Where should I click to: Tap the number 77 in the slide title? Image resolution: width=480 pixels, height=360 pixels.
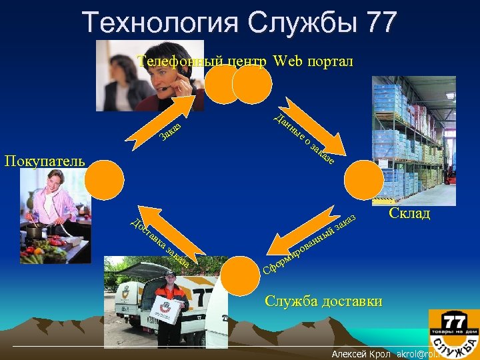point(381,22)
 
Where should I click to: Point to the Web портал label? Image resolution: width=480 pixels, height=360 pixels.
point(313,61)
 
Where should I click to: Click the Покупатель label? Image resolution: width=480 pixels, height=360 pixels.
point(45,161)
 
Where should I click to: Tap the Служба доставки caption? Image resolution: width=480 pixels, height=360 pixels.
point(323,301)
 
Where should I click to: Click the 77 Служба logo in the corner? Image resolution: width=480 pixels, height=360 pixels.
point(454,331)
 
